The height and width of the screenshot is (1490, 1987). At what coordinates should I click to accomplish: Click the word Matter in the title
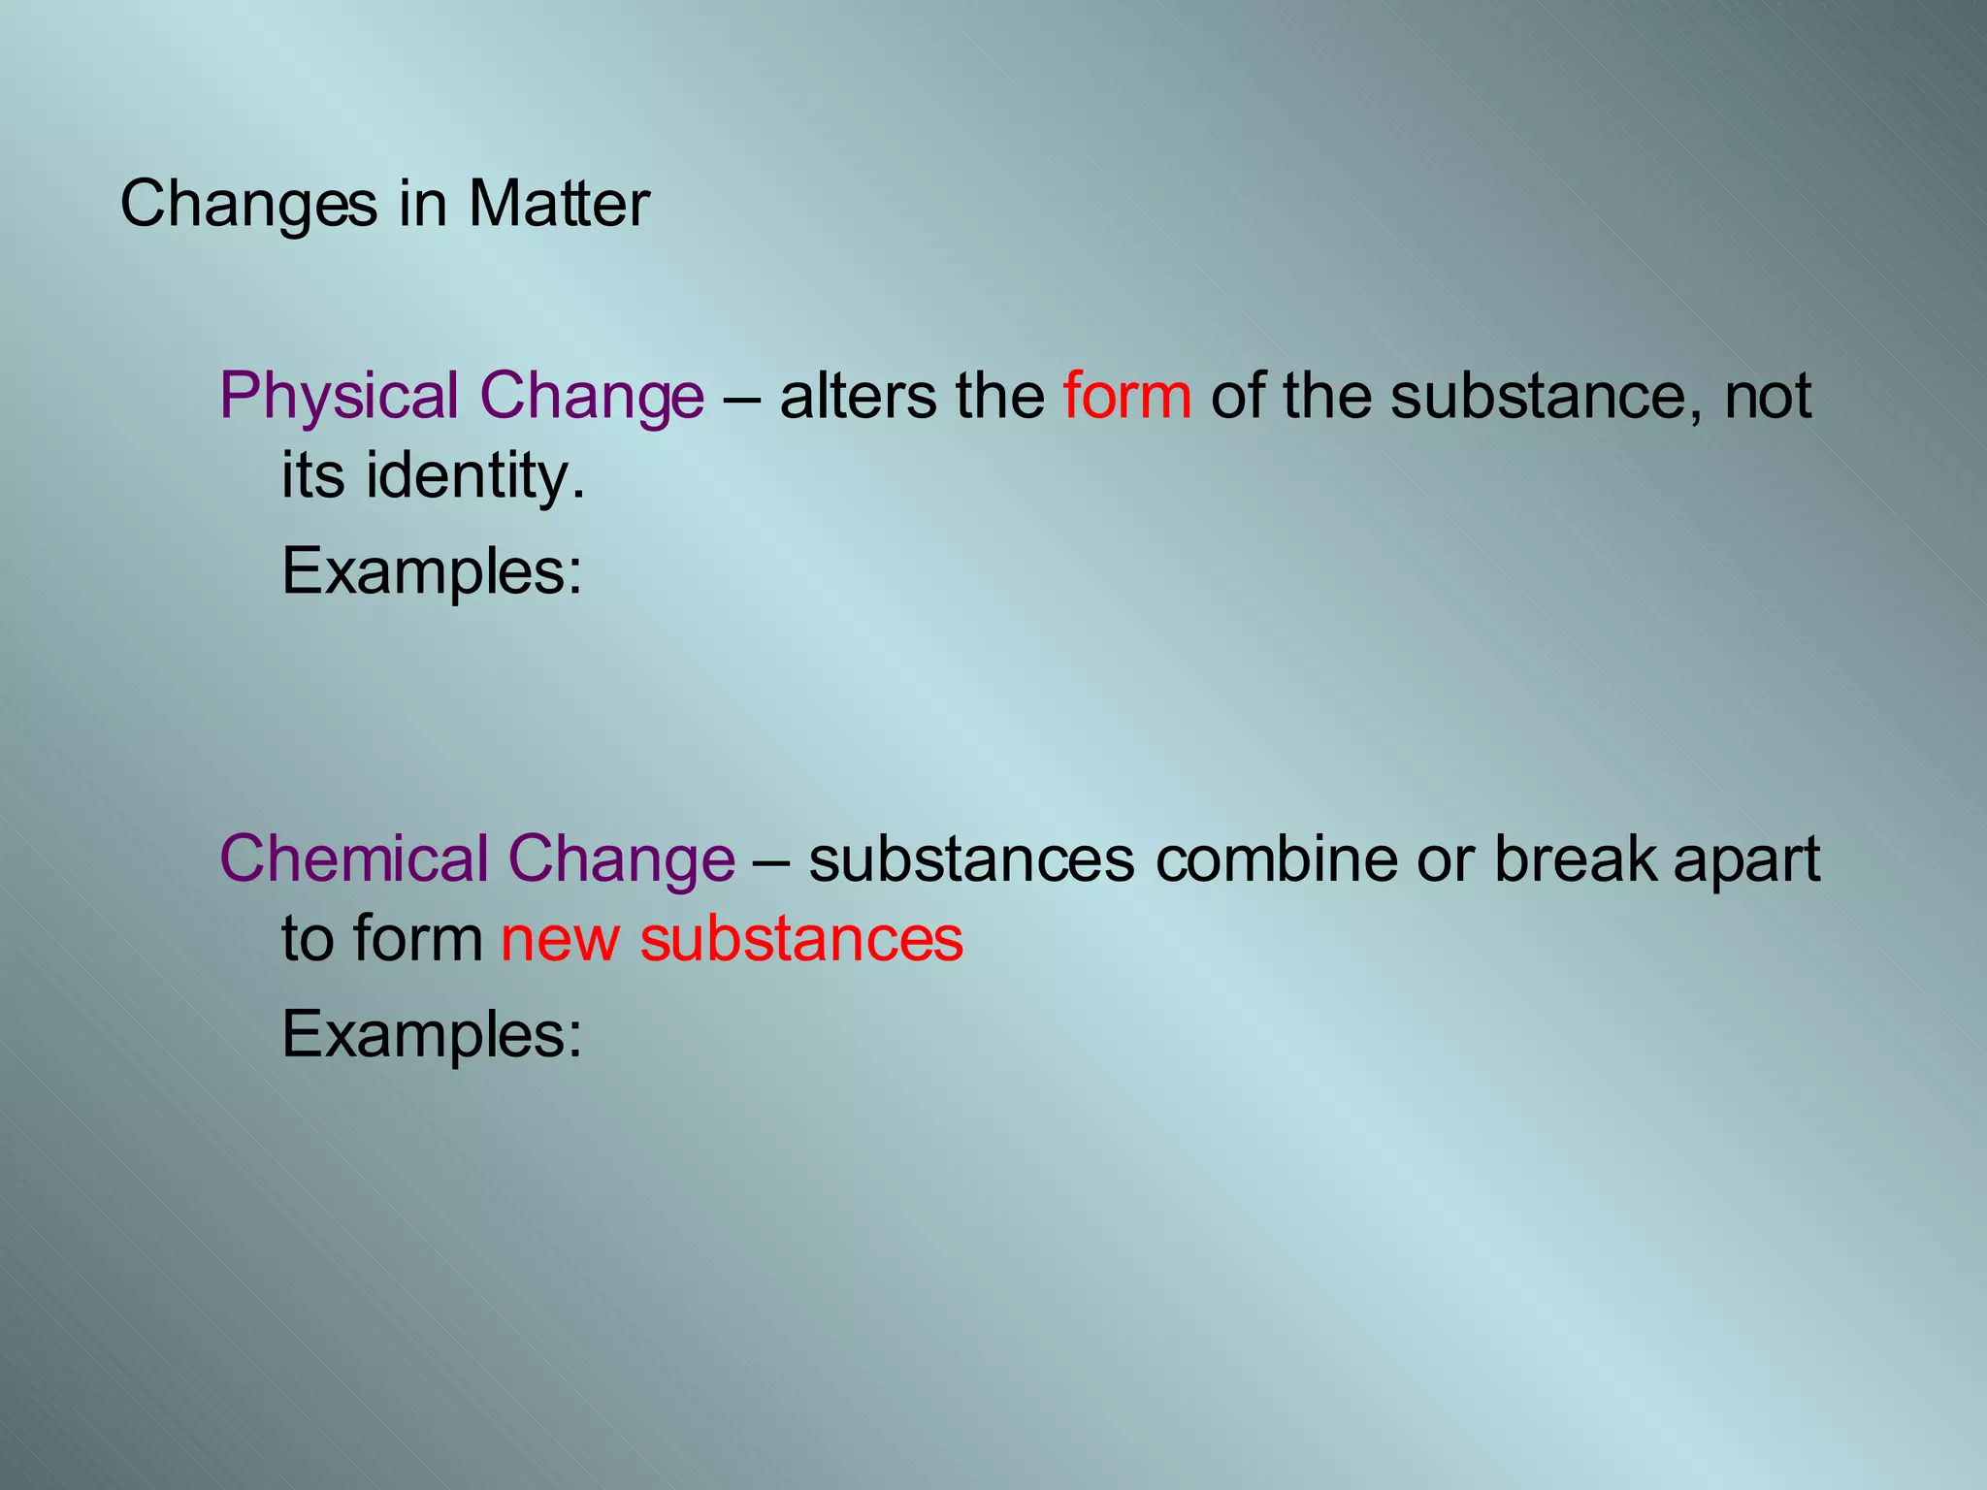[559, 205]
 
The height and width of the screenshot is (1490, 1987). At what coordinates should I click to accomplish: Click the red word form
[1126, 396]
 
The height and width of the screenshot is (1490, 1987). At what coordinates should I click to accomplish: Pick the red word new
[559, 939]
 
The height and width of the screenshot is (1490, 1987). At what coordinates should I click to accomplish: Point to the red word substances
[801, 939]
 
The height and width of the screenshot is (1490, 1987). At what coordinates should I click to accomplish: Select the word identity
[474, 476]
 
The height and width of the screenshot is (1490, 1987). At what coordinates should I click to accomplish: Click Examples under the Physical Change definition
[432, 572]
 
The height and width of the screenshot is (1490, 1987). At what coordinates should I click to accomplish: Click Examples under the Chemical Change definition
[432, 1035]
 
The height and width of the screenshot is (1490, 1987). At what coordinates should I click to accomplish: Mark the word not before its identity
[1767, 396]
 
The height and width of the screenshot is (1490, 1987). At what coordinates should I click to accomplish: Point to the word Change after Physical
[592, 398]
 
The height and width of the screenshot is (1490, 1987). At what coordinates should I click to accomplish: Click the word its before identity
[312, 476]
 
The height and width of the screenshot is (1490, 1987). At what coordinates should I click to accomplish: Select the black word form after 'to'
[417, 939]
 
